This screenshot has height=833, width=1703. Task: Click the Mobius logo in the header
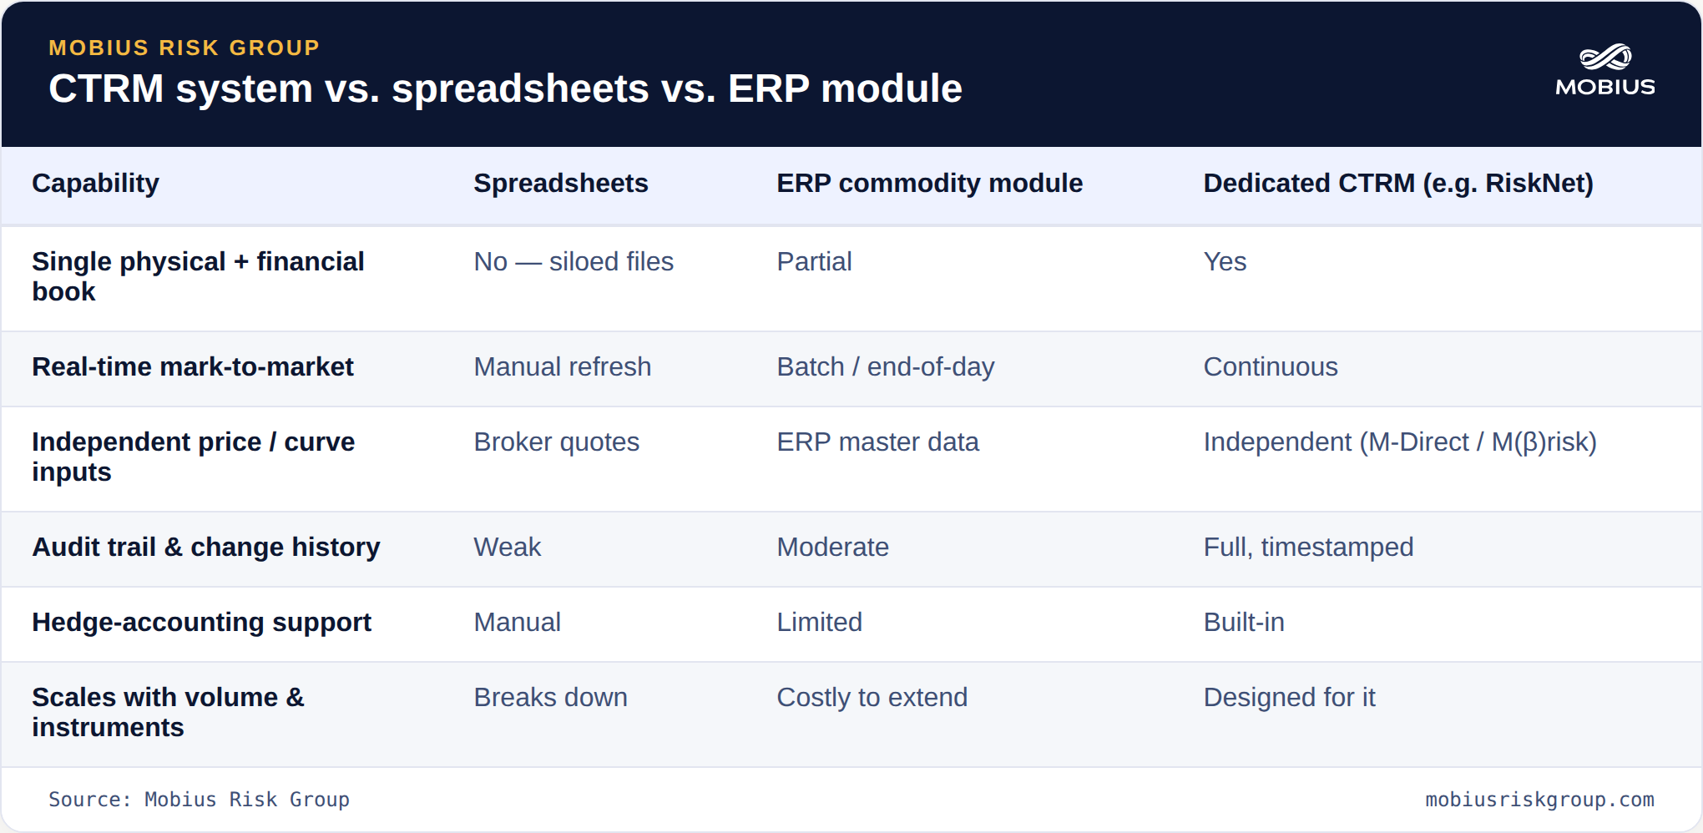[1604, 70]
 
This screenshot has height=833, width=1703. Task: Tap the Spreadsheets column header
[561, 183]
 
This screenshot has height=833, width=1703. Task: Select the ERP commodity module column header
[929, 183]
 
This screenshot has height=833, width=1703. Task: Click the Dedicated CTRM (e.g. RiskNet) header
[1398, 183]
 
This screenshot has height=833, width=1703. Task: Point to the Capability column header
[95, 183]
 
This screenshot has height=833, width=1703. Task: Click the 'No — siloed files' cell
[574, 261]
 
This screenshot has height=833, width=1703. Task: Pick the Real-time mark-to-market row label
[193, 366]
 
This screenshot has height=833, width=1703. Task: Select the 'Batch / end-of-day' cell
[886, 366]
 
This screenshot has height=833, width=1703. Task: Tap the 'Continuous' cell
[1271, 366]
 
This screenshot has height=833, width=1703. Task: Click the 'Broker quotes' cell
[556, 442]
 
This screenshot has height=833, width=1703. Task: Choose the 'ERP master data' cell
[877, 442]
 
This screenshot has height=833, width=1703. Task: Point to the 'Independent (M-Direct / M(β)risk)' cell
[1400, 442]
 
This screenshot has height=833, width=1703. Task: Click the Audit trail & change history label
[206, 547]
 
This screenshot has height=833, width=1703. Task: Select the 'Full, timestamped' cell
[1308, 547]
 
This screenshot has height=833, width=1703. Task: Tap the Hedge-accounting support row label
[201, 622]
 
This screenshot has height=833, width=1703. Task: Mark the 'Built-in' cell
[1244, 622]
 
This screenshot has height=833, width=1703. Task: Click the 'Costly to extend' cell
[872, 697]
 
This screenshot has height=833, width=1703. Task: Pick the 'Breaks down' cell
[550, 697]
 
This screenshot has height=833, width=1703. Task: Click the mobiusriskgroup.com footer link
[1539, 800]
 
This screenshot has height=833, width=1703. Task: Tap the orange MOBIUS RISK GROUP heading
[184, 48]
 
